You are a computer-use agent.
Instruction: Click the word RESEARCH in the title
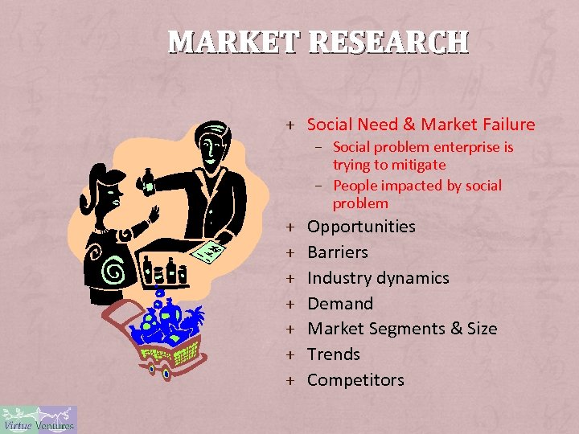388,41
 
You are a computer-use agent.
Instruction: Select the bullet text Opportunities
361,227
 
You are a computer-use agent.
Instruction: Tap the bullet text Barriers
338,252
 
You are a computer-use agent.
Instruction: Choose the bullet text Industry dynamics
378,278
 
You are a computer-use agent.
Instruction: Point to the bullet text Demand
340,304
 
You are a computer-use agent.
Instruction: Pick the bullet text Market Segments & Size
402,329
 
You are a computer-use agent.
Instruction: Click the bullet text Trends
334,354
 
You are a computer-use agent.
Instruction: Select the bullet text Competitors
355,380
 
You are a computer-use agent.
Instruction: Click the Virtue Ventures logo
39,420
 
